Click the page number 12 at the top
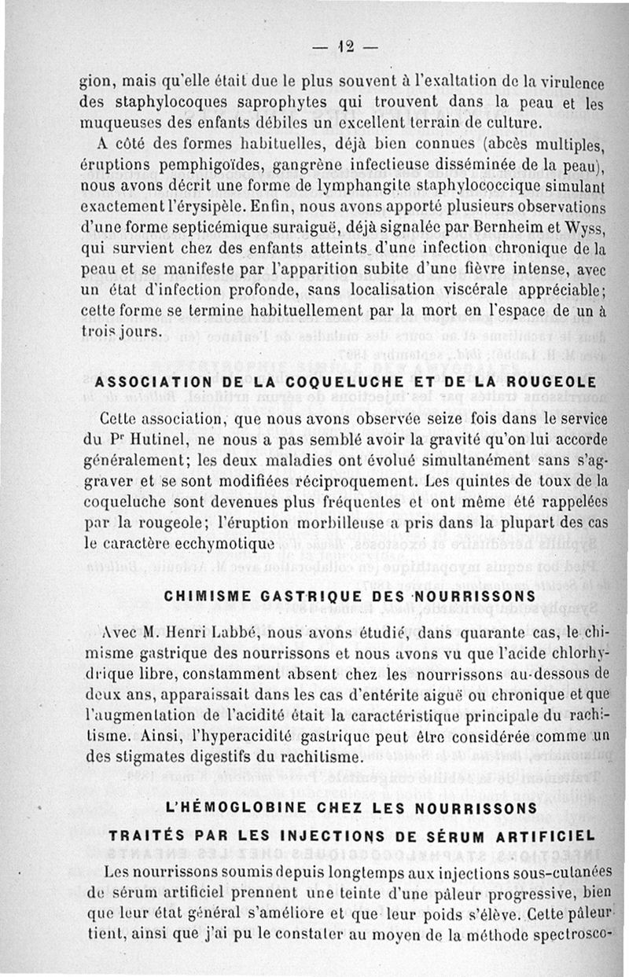[344, 46]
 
